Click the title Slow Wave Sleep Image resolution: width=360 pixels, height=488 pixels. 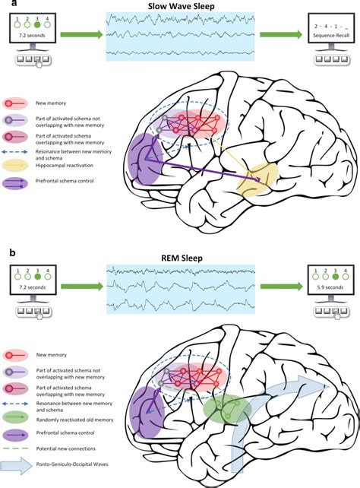coord(181,5)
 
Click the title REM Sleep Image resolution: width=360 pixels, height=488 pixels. coord(181,255)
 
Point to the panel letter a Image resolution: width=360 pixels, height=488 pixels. coord(5,5)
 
